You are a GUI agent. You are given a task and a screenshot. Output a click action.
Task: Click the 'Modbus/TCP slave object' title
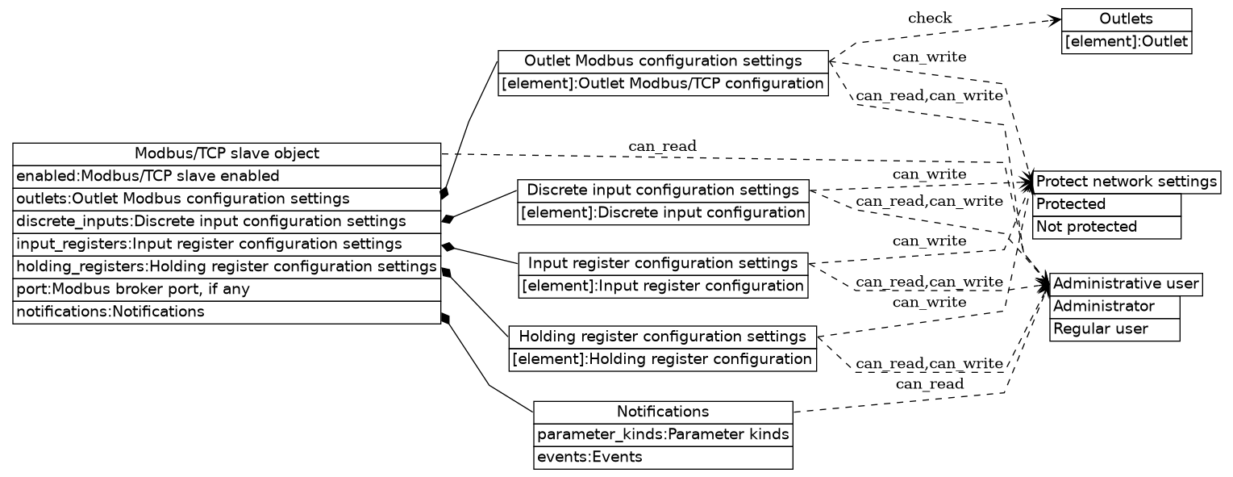(x=227, y=153)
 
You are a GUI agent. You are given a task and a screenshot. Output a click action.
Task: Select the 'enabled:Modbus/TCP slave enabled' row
(x=227, y=176)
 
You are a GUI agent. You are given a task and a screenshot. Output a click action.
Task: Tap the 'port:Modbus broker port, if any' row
(x=227, y=289)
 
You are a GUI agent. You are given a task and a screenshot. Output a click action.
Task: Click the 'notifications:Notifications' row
(x=227, y=312)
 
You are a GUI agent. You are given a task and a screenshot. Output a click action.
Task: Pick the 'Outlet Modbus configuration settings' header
(x=663, y=61)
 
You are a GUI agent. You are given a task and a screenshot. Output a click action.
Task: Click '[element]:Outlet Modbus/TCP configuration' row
(x=663, y=84)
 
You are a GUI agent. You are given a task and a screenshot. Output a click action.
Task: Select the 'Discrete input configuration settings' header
(x=663, y=190)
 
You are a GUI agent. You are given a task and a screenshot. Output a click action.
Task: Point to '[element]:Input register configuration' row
(x=663, y=286)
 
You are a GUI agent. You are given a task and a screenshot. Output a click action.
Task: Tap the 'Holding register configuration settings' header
(x=663, y=336)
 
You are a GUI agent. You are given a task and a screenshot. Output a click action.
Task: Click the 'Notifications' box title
(x=663, y=412)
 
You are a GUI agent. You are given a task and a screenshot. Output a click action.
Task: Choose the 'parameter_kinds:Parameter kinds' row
(x=663, y=434)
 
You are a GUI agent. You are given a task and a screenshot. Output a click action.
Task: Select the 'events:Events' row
(x=663, y=457)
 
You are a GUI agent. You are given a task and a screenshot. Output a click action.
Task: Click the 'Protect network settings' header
(x=1126, y=181)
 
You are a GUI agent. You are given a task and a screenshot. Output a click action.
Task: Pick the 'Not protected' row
(x=1106, y=227)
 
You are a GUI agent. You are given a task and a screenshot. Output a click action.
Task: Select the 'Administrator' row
(x=1114, y=307)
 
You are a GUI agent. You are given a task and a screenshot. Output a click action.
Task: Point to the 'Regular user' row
(x=1114, y=329)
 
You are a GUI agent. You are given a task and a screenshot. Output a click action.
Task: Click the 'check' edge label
(x=929, y=18)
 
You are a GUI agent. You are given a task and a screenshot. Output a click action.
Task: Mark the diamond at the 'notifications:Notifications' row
(x=444, y=319)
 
